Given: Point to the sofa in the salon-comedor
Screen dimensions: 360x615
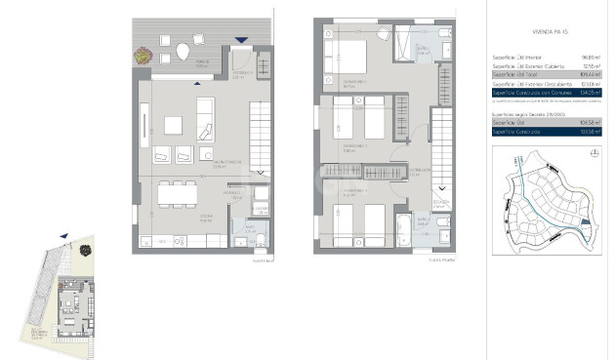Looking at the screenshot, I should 206,126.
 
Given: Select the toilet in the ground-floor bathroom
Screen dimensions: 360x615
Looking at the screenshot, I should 262,240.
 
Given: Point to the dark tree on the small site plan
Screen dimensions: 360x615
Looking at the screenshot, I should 84,250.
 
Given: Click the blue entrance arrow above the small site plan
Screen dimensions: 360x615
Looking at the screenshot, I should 64,236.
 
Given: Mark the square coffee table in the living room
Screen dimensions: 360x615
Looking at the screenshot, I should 173,125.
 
